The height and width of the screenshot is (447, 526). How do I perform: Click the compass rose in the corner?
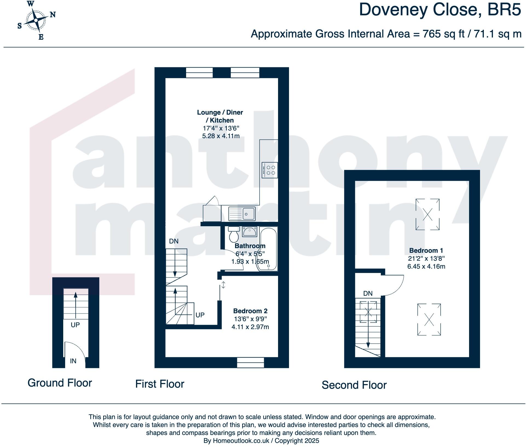(36, 20)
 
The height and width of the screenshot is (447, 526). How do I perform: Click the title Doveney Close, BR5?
(440, 10)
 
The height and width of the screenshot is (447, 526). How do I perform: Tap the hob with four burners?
(270, 170)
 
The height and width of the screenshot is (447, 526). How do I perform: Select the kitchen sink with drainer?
(242, 214)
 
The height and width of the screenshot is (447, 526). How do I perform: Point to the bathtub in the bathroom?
(268, 249)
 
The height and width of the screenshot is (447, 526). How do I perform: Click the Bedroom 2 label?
(250, 311)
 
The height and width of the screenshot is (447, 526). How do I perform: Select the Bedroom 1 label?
(426, 250)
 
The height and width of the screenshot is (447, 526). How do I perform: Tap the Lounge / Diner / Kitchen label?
(220, 116)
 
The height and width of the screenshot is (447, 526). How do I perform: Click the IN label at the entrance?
(73, 361)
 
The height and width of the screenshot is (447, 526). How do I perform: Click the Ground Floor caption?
(60, 383)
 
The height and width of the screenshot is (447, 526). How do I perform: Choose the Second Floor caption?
(354, 385)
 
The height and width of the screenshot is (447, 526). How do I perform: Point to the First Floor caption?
(160, 384)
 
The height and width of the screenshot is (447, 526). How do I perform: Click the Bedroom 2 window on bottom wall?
(250, 362)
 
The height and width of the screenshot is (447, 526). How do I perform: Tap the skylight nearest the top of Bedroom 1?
(427, 214)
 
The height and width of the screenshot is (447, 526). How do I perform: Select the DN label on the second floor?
(368, 294)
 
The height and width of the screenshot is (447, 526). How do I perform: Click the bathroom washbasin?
(249, 232)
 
